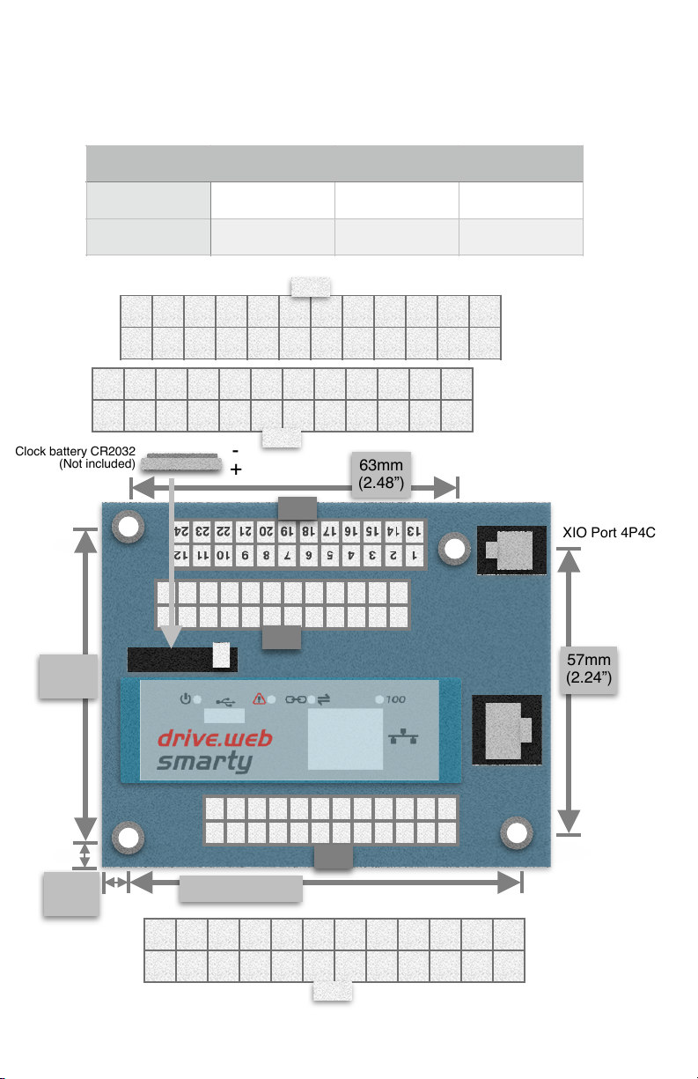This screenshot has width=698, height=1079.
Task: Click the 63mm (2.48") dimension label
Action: click(x=381, y=474)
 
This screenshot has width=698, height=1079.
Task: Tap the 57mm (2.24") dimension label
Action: click(x=588, y=669)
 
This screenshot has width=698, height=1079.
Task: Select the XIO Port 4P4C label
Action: click(x=609, y=532)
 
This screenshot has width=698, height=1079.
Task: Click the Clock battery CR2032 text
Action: click(x=75, y=451)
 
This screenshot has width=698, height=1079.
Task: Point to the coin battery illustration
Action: click(x=181, y=462)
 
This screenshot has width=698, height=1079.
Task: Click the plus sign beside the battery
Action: click(x=236, y=469)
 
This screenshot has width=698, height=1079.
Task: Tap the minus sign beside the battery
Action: click(x=235, y=451)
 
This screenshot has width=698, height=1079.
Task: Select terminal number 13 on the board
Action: click(x=414, y=531)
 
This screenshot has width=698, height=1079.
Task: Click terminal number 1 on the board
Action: click(x=414, y=556)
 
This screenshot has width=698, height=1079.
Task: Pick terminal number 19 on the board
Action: click(x=286, y=531)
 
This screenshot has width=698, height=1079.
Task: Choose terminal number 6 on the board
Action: click(x=308, y=556)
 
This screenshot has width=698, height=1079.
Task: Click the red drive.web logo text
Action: click(x=215, y=738)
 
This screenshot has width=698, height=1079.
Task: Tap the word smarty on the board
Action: click(x=204, y=762)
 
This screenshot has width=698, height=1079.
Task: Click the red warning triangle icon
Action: click(x=259, y=698)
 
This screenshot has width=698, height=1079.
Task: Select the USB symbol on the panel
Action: click(x=225, y=701)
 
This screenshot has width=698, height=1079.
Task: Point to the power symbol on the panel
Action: click(x=186, y=698)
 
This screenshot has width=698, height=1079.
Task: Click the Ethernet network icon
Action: click(x=403, y=736)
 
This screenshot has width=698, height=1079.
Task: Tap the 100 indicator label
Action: click(x=396, y=699)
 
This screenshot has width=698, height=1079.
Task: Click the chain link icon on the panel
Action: click(x=296, y=699)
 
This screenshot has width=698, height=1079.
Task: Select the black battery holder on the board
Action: click(x=182, y=659)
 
